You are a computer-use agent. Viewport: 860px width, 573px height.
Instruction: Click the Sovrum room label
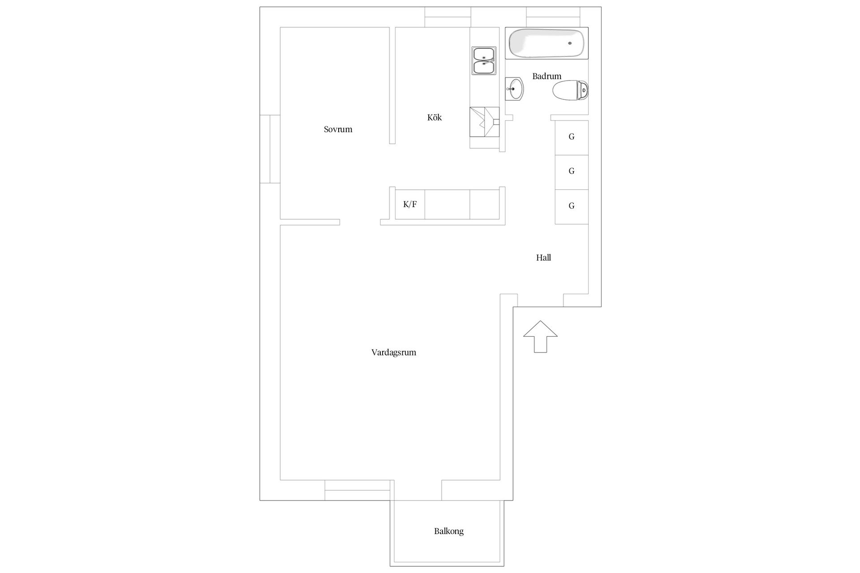pyautogui.click(x=338, y=129)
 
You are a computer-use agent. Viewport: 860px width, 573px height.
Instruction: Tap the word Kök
pyautogui.click(x=434, y=117)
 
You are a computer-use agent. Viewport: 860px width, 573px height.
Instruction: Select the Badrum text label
pyautogui.click(x=546, y=76)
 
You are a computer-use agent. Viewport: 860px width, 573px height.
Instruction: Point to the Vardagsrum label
pyautogui.click(x=394, y=352)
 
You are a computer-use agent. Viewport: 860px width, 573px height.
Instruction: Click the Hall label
pyautogui.click(x=543, y=257)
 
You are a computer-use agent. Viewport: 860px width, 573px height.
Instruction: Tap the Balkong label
pyautogui.click(x=449, y=531)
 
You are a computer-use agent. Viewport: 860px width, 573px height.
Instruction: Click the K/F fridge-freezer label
pyautogui.click(x=410, y=205)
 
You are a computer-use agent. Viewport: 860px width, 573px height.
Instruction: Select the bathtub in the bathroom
pyautogui.click(x=546, y=43)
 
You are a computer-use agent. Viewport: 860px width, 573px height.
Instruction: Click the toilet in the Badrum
pyautogui.click(x=570, y=91)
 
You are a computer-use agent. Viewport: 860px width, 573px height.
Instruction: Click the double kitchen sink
pyautogui.click(x=484, y=60)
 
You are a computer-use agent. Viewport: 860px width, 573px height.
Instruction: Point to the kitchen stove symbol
pyautogui.click(x=484, y=122)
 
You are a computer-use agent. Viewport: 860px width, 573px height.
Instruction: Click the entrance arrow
pyautogui.click(x=541, y=336)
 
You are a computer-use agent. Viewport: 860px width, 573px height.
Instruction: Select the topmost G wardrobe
pyautogui.click(x=572, y=137)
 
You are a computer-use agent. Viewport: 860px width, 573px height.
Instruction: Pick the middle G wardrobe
pyautogui.click(x=572, y=172)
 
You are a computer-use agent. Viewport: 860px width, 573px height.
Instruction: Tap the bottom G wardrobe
pyautogui.click(x=572, y=206)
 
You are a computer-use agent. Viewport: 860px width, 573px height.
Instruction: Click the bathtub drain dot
pyautogui.click(x=570, y=43)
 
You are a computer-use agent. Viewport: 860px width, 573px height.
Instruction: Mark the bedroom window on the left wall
pyautogui.click(x=270, y=149)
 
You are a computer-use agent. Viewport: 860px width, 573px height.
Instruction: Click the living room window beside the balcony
pyautogui.click(x=357, y=490)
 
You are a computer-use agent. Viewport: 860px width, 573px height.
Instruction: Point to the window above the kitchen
pyautogui.click(x=447, y=17)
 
